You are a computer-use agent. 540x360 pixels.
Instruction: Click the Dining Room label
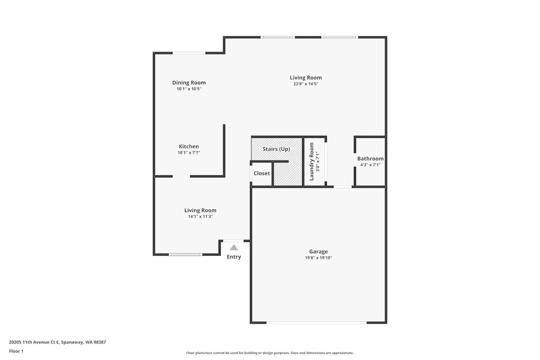point(189,82)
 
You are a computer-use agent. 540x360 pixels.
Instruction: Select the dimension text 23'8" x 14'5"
point(306,84)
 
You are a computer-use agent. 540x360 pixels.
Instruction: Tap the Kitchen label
point(189,146)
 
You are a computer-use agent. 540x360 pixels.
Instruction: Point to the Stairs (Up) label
point(276,149)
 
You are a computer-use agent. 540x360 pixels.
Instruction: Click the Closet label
point(262,173)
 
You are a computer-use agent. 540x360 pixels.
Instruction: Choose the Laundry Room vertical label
point(311,162)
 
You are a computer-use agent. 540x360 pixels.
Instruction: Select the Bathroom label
point(370,158)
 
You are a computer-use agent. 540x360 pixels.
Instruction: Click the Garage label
point(318,252)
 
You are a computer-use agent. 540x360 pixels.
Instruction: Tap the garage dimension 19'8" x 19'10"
point(318,258)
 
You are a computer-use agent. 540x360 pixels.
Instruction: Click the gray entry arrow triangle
point(234,247)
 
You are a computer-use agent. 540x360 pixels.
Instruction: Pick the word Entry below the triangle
point(234,257)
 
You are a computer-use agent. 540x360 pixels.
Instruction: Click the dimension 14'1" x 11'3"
point(200,216)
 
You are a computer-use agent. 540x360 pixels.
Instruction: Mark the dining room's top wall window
point(189,53)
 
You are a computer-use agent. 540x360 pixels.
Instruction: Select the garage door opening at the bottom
point(317,323)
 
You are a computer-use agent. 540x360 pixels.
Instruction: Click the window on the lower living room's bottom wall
point(185,255)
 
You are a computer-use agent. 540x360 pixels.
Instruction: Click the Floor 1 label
point(16,351)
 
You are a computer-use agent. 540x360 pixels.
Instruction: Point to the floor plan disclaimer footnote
point(270,353)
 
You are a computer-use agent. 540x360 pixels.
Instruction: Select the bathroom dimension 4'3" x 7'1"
point(370,165)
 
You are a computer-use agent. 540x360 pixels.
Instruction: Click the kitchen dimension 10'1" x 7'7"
point(189,153)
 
